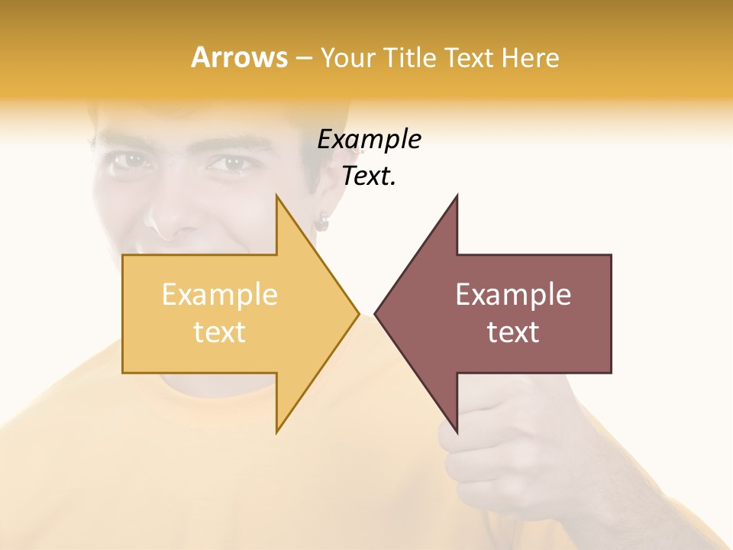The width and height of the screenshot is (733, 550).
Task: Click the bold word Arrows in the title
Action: [x=239, y=57]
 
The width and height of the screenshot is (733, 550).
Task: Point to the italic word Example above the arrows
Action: [x=369, y=140]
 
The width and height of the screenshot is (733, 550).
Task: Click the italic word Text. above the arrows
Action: [x=369, y=176]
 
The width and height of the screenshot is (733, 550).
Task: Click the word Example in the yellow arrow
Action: [x=220, y=295]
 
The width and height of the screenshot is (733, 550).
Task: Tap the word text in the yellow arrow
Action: [x=220, y=332]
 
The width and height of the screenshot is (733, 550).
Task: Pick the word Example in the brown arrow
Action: [x=513, y=295]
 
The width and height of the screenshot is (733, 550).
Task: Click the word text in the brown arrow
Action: [x=513, y=332]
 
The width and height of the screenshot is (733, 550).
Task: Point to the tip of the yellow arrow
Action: [x=357, y=313]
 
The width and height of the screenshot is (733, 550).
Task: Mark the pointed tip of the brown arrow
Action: [x=376, y=313]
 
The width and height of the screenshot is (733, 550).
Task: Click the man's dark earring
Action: [x=323, y=222]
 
